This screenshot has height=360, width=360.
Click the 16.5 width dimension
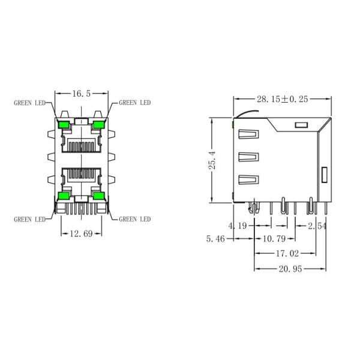(81, 94)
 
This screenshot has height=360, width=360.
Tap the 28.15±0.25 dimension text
(282, 99)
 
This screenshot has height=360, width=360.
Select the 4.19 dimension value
(237, 226)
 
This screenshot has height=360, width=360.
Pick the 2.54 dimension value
(317, 226)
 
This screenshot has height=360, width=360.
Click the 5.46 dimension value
(217, 239)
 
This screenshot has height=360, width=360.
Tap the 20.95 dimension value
(289, 268)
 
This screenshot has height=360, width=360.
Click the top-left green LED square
(64, 124)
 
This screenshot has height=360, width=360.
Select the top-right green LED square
(98, 124)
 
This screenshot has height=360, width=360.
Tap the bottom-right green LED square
(98, 195)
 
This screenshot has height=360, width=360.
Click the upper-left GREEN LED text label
(31, 103)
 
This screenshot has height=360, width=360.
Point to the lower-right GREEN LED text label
(135, 219)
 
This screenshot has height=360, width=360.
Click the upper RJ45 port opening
(81, 145)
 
